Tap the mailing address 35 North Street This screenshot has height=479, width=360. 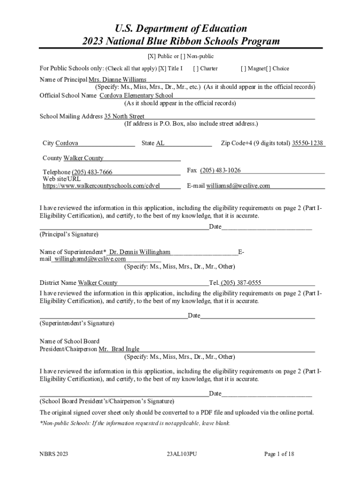coord(124,116)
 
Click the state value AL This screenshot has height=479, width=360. coord(160,143)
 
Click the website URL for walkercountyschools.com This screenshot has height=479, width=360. coord(101,186)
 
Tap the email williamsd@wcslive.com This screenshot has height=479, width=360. coord(238,186)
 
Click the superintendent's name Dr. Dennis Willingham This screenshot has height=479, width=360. coord(140,252)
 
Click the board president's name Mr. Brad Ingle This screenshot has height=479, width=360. coord(119,349)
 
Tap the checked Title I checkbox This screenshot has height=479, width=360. coord(162,68)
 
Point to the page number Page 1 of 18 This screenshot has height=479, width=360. coord(279,454)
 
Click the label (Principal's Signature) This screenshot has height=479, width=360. coord(69,234)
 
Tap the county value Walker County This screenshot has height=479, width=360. coord(84,158)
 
